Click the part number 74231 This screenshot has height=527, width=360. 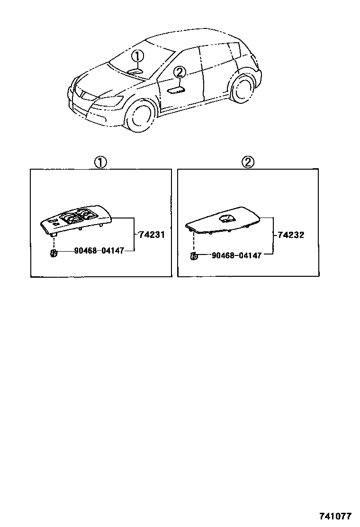(x=152, y=234)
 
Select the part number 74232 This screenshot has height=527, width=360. (x=291, y=235)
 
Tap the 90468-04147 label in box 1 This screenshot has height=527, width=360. (x=99, y=251)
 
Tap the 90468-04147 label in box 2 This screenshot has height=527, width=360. (x=236, y=255)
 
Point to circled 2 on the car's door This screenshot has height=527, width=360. (x=179, y=73)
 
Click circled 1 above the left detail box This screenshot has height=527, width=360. (x=100, y=163)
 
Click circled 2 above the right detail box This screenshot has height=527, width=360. (x=248, y=163)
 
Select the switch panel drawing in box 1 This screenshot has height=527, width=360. (x=76, y=219)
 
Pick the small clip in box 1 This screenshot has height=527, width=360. (x=54, y=252)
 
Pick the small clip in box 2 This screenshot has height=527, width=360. (x=193, y=257)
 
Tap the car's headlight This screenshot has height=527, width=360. (x=110, y=101)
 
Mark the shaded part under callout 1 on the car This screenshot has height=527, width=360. (x=135, y=71)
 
